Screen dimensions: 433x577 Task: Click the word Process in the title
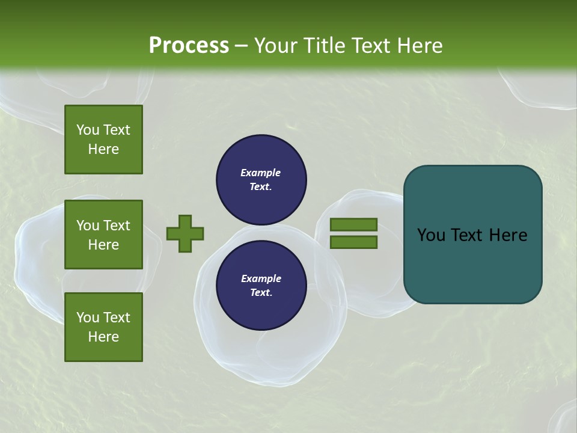coord(189,46)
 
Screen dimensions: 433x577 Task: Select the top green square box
coord(103,140)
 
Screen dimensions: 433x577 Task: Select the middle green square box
coord(103,235)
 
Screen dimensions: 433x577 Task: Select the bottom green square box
coord(103,327)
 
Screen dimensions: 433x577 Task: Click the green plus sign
coord(185,233)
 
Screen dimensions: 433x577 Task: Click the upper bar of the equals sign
coord(353,224)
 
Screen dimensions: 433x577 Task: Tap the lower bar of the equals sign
coord(353,242)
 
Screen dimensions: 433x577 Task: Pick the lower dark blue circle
coord(261,285)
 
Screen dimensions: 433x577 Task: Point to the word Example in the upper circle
coord(260,173)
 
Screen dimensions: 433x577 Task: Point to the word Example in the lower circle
coord(261,278)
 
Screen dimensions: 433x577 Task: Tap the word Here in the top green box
coord(103,149)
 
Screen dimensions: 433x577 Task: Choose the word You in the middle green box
coord(87,226)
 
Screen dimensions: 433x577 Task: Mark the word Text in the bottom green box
coord(116,318)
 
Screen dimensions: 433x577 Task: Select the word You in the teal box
coord(430,235)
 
